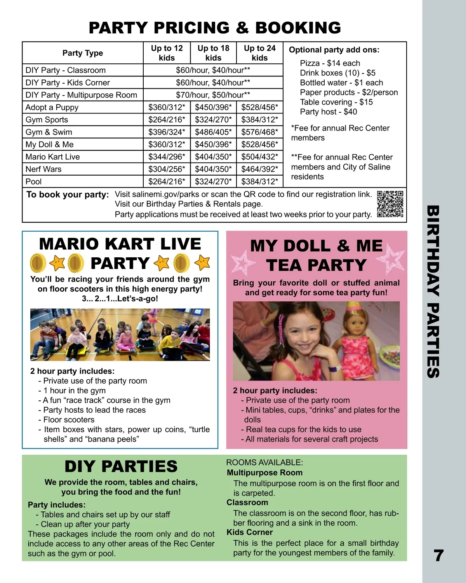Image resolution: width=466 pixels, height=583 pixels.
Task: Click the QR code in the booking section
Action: click(390, 204)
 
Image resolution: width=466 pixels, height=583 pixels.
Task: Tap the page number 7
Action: click(438, 555)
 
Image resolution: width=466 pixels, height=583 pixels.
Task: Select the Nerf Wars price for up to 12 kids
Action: click(167, 169)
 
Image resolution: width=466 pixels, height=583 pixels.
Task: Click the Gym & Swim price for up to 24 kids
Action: click(259, 132)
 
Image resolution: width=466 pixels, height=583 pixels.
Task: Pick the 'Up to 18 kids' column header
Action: click(213, 53)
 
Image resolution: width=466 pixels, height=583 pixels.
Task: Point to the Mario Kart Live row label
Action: click(53, 157)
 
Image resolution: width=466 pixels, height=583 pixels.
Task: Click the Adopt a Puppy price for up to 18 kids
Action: click(213, 107)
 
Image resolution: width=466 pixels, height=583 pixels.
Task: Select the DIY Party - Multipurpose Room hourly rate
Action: click(213, 95)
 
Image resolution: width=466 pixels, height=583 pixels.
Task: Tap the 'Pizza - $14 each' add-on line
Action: click(330, 63)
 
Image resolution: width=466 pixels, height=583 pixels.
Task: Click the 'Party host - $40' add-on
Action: click(328, 112)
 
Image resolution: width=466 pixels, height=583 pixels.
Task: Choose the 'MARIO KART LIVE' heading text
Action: click(120, 244)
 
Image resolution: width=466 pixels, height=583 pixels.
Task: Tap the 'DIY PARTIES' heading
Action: click(121, 466)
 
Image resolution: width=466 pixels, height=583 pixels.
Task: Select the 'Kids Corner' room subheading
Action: click(250, 532)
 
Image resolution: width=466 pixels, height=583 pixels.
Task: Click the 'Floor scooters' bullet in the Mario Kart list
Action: click(69, 420)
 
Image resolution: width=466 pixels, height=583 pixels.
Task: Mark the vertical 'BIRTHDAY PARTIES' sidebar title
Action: click(433, 291)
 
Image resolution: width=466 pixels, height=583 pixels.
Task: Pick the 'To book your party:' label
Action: click(68, 195)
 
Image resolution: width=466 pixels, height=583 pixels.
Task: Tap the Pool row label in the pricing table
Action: click(34, 182)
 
